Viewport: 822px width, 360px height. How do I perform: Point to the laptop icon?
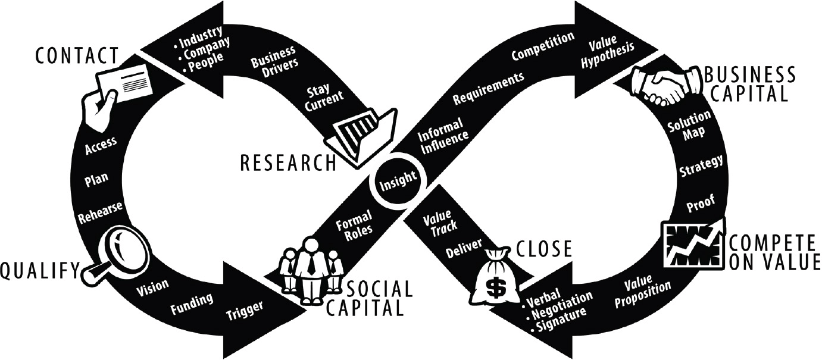361,137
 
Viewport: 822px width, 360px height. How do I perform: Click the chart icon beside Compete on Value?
693,244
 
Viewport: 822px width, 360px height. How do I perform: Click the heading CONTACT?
77,56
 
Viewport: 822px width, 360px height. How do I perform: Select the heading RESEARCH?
288,162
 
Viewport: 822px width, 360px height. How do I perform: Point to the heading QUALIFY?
40,271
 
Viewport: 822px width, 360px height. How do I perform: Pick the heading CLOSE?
544,249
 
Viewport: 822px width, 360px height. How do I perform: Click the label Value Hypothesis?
607,52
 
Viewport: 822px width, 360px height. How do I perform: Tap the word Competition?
543,46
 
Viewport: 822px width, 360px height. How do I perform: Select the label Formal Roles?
355,226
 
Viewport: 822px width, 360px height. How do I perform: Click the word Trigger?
245,310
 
